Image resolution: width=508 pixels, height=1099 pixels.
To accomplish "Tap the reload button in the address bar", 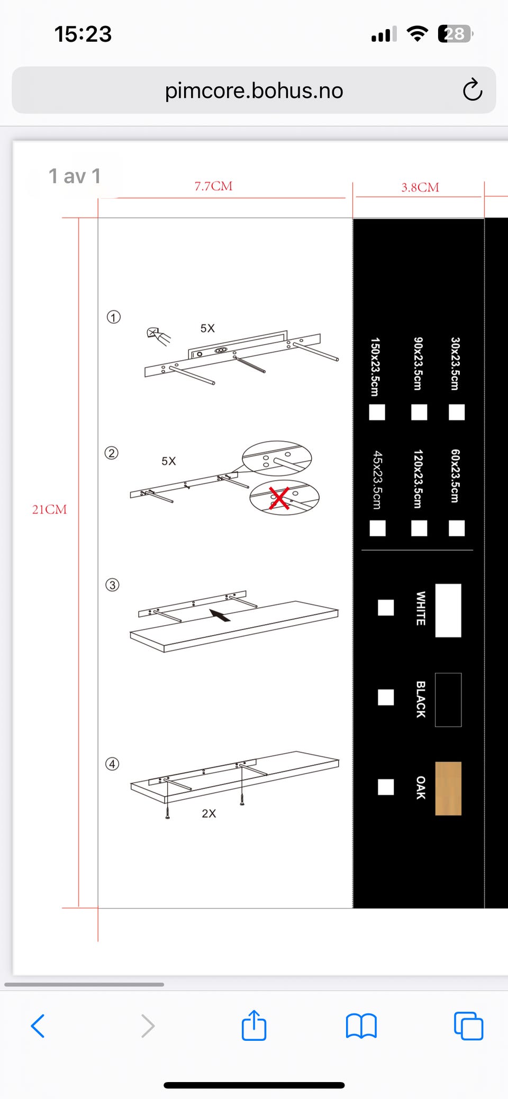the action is (472, 90).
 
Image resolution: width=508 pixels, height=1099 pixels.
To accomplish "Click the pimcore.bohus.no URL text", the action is (254, 90).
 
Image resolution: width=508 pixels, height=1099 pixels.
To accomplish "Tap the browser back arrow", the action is (38, 1026).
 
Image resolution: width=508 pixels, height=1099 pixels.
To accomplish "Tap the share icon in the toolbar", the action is (254, 1025).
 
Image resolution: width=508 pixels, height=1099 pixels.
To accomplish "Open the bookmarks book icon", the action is (361, 1026).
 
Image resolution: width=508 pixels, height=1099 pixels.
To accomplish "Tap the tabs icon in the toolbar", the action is (468, 1026).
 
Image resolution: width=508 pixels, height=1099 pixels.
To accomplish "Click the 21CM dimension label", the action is (50, 509).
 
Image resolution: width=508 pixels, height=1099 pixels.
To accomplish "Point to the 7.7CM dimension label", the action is (213, 186).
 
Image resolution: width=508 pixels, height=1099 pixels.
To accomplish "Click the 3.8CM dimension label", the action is (420, 187).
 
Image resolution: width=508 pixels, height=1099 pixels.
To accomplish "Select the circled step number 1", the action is (114, 317).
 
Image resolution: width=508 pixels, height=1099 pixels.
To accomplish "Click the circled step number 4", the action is (112, 764).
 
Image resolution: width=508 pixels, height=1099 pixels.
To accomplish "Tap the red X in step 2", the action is (279, 498).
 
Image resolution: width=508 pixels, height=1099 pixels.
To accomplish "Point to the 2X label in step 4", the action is (209, 813).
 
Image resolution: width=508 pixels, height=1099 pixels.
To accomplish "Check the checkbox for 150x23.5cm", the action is (377, 412).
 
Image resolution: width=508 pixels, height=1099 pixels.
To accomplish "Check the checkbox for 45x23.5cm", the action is (377, 528).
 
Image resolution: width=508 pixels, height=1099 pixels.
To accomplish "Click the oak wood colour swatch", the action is (448, 789).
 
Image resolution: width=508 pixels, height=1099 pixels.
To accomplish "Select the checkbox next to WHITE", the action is (386, 608).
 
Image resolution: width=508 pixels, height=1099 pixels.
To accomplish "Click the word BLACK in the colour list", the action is (421, 699).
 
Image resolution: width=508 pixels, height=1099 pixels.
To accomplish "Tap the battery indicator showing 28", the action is (455, 34).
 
